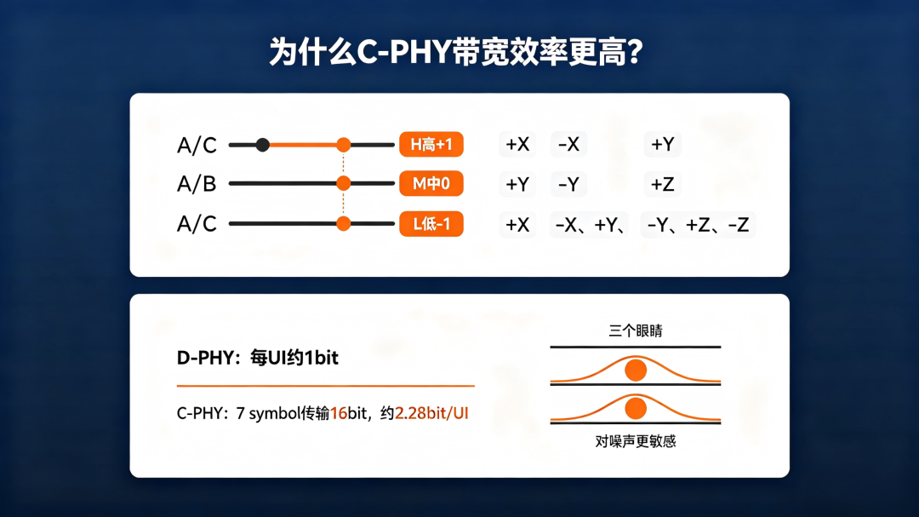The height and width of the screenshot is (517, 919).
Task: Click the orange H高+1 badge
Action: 431,144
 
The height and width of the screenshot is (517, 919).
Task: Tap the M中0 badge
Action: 431,184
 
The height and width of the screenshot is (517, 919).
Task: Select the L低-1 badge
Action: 431,224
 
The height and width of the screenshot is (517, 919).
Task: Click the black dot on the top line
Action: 263,144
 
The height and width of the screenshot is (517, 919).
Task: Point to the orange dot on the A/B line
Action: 344,184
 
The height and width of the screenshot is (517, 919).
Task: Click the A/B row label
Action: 197,184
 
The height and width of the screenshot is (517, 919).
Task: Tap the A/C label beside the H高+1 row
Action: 197,145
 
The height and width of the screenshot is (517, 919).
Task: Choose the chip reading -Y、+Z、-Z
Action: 698,225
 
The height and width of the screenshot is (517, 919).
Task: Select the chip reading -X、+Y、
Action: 589,225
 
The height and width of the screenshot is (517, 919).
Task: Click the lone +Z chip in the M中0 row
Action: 662,184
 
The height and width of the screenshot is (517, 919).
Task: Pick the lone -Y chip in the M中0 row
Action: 568,184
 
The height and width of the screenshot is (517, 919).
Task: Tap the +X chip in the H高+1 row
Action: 517,144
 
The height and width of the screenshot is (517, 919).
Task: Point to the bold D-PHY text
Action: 206,358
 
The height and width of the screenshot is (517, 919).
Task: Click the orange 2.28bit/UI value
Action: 431,413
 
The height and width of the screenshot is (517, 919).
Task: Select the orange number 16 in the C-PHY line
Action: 339,413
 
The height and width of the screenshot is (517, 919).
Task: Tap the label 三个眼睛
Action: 636,331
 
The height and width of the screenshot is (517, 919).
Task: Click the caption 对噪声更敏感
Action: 636,440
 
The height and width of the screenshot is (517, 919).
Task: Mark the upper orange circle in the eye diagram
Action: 636,371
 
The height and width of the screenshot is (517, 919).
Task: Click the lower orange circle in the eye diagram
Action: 636,409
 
